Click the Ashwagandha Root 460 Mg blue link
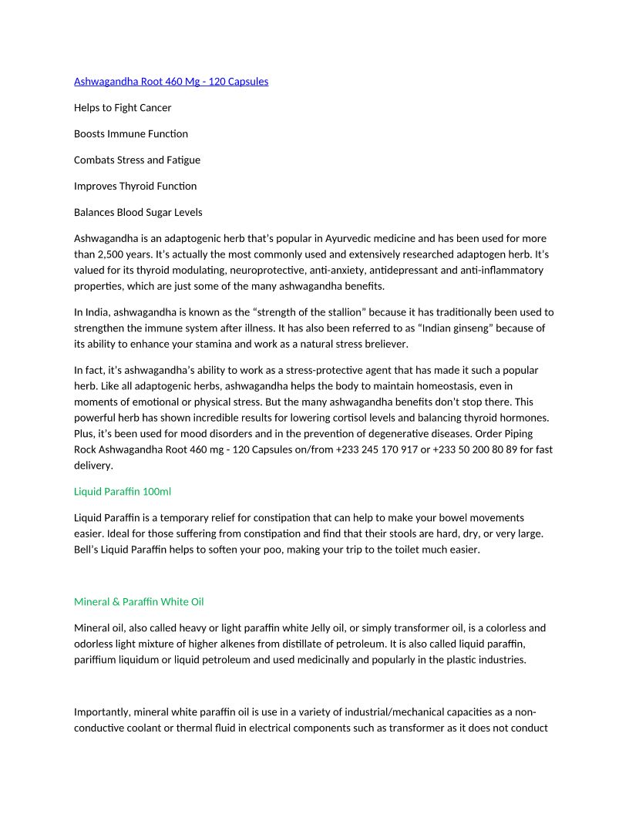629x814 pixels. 171,81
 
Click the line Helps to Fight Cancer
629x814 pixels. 123,107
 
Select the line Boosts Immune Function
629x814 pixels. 131,133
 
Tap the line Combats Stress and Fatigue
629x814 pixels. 137,160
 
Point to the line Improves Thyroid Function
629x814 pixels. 135,186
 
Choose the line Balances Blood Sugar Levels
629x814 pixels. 138,212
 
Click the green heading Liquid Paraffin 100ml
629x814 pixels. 123,491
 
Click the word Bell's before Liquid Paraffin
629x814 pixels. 88,550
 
